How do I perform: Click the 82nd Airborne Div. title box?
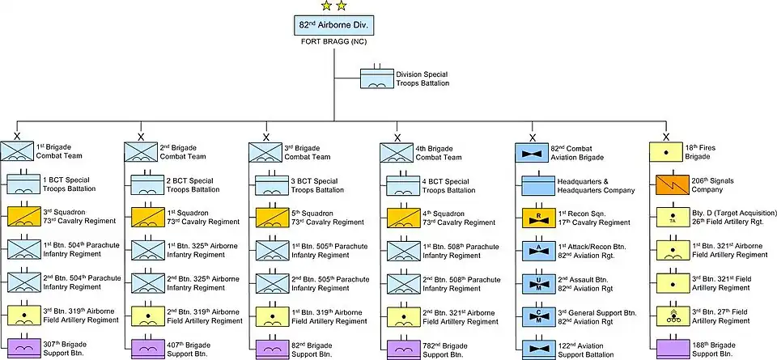pos(333,24)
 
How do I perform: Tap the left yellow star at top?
pos(325,6)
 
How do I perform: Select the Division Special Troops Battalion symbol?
pos(377,79)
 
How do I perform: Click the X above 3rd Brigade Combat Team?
pos(266,137)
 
